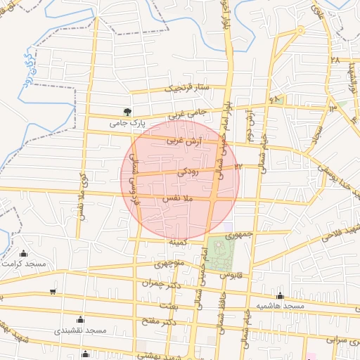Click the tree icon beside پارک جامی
(x=127, y=111)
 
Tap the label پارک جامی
(x=127, y=123)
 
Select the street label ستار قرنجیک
(x=188, y=89)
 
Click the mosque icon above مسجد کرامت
(x=25, y=254)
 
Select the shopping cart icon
(x=53, y=292)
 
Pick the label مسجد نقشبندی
(x=82, y=330)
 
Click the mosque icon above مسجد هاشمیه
(x=281, y=296)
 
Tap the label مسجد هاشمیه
(x=280, y=307)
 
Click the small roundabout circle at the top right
(x=301, y=30)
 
